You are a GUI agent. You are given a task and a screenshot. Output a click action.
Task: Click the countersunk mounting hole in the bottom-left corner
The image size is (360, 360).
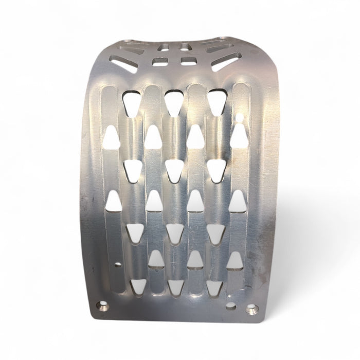click(103, 308)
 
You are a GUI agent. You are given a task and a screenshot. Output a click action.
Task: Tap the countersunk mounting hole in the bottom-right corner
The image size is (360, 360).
click(252, 310)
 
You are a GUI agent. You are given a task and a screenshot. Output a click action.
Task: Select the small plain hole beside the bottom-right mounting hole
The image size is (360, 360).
click(231, 306)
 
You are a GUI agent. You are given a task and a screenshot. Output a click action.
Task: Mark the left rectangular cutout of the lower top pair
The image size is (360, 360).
click(160, 62)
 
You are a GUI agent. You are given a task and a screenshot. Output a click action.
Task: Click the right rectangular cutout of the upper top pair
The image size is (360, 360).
click(185, 47)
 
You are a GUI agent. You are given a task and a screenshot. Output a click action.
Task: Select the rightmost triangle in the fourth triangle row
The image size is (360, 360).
click(237, 202)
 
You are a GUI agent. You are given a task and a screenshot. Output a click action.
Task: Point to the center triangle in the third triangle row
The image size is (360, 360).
click(174, 170)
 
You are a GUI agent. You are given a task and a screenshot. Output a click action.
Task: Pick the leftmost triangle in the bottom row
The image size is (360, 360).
click(138, 286)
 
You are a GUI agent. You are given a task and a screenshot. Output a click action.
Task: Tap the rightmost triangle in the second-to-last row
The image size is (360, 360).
click(235, 261)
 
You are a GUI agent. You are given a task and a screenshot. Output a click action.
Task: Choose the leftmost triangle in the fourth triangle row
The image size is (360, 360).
click(114, 202)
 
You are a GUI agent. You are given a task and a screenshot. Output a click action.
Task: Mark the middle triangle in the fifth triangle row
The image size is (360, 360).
click(174, 232)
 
